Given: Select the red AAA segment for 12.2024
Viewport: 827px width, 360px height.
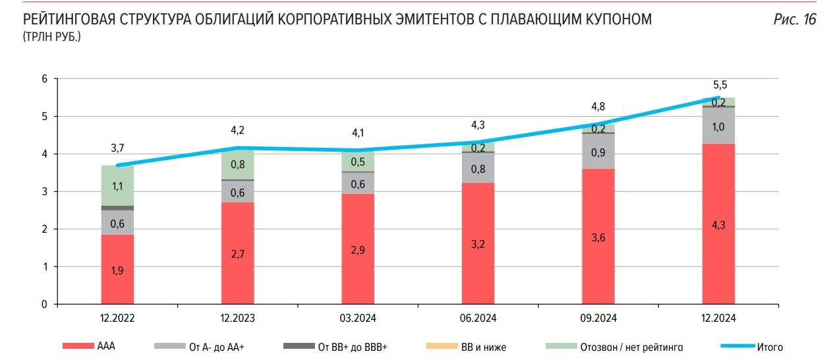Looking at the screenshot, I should click(x=718, y=224).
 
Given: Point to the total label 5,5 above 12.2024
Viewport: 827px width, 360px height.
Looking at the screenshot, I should click(x=719, y=85).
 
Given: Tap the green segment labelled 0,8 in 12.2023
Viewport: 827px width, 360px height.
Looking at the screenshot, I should click(x=237, y=165).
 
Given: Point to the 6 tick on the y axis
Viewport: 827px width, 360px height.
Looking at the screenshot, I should click(x=45, y=79).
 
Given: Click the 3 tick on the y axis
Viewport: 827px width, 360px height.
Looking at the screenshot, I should click(x=45, y=192).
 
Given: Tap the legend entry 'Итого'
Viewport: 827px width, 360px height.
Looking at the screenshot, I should click(x=770, y=346).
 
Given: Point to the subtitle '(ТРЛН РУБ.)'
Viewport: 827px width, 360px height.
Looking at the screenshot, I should click(x=52, y=36).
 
